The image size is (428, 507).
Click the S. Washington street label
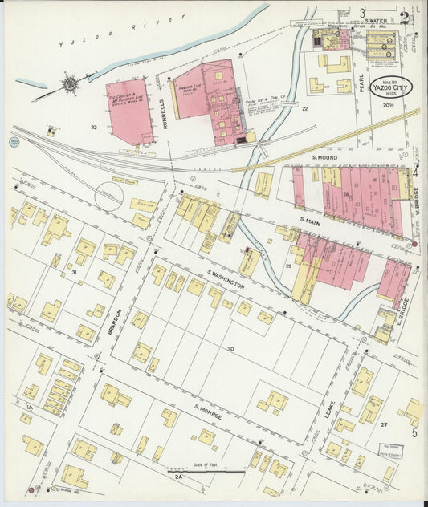(225, 279)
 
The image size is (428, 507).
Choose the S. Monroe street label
(207, 412)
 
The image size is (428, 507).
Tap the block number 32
(94, 127)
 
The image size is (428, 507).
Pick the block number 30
(230, 347)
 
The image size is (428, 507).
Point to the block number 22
(304, 108)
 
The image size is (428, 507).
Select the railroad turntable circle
(109, 195)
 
